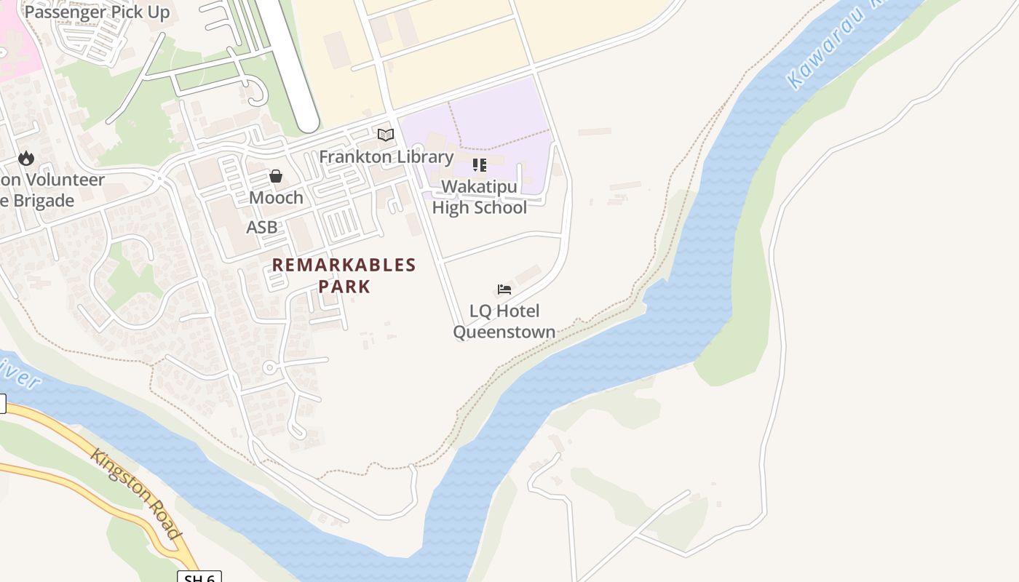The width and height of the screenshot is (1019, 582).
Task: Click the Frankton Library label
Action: tap(386, 156)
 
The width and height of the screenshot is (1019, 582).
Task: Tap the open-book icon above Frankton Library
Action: tap(386, 135)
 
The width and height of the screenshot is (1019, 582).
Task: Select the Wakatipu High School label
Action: tap(480, 197)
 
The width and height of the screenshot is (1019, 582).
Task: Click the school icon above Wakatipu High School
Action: tap(480, 165)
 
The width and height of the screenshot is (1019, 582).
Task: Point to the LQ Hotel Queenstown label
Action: tap(504, 322)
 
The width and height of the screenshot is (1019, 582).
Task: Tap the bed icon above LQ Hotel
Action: tap(504, 290)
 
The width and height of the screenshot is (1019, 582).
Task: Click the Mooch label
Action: tap(276, 198)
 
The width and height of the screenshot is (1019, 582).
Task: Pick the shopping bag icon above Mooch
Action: tap(276, 176)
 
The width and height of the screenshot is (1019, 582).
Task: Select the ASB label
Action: tap(262, 227)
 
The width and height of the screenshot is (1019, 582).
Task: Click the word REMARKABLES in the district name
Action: tap(344, 265)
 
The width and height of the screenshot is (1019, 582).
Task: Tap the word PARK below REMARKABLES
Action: tap(344, 287)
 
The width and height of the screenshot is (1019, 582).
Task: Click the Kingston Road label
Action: tap(136, 494)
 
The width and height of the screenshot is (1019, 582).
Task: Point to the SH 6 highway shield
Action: tap(199, 577)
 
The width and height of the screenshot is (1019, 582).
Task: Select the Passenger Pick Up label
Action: tap(97, 12)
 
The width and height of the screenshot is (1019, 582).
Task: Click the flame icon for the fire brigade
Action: tap(26, 158)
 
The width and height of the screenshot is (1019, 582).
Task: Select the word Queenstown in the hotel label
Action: tap(504, 332)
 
